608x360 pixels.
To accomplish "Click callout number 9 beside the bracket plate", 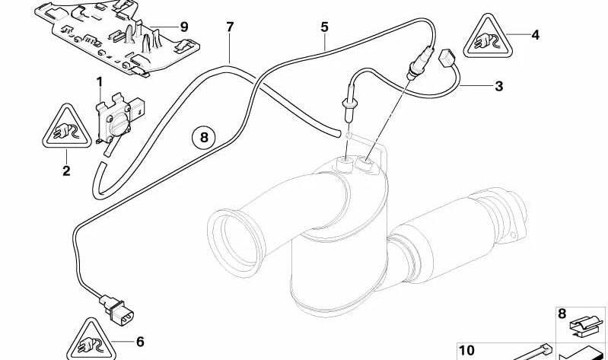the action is click(184, 27).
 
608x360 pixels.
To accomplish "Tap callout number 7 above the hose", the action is click(230, 27).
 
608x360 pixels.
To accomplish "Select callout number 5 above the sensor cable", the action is click(325, 27).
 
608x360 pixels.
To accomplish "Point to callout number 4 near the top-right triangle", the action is click(535, 35).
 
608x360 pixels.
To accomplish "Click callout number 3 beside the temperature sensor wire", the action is click(499, 86).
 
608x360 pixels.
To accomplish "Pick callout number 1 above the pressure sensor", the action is click(100, 82).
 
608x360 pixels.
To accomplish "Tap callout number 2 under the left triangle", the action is click(66, 170).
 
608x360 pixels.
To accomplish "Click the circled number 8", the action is click(205, 137).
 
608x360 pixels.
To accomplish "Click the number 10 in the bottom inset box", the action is click(466, 351).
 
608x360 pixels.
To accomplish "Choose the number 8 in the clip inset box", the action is click(562, 314).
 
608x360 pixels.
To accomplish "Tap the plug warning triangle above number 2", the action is click(67, 128).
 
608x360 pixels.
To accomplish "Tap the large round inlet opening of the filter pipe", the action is click(234, 243).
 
